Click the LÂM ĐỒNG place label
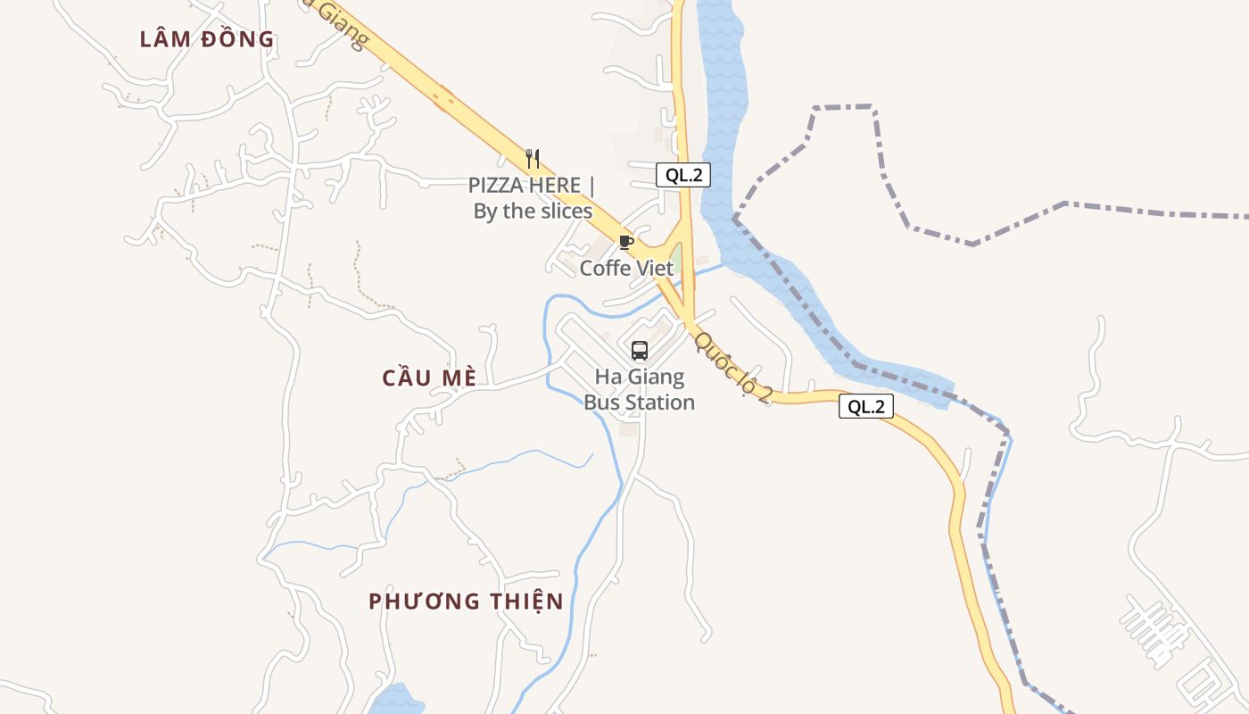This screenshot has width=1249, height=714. click(x=207, y=39)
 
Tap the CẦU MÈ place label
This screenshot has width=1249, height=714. click(x=429, y=378)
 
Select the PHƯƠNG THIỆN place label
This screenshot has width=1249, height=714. click(x=466, y=601)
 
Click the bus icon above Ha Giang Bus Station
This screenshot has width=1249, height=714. click(x=639, y=350)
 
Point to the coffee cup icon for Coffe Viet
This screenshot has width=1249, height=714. click(x=625, y=242)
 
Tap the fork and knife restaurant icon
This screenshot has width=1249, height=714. click(x=533, y=159)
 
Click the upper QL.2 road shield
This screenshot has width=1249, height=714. click(x=682, y=175)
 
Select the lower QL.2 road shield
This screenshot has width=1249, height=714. click(x=865, y=407)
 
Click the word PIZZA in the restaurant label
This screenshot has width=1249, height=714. click(x=496, y=186)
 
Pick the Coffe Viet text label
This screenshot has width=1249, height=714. click(x=626, y=268)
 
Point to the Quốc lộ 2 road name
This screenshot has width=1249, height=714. click(x=731, y=367)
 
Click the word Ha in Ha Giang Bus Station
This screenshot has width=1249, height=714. click(x=607, y=377)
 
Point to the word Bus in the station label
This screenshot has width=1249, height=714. click(x=600, y=403)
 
